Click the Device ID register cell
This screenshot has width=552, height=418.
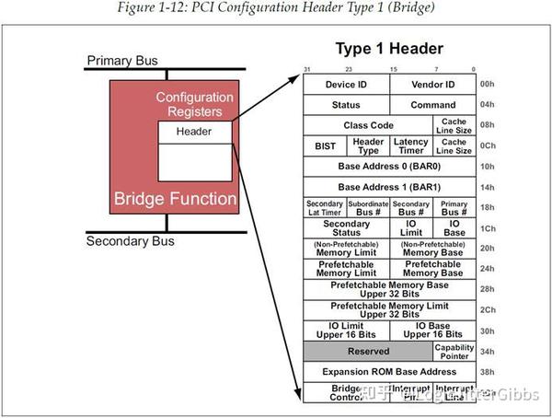pos(346,85)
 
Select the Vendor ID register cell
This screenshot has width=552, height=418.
pos(431,85)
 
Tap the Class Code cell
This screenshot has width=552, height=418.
pos(369,125)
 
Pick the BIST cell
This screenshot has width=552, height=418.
pos(325,145)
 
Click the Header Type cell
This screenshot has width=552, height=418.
pos(368,145)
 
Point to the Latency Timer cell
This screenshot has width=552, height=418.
pos(411,145)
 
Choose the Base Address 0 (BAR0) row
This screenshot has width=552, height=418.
pos(388,167)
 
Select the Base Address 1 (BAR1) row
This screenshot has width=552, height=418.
pos(388,187)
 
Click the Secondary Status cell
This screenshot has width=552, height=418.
pos(346,228)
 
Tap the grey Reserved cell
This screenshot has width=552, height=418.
pos(368,351)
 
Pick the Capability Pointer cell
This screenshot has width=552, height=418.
pos(454,351)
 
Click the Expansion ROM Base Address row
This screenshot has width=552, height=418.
pos(388,371)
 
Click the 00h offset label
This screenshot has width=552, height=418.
pos(487,85)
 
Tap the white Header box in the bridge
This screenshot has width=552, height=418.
pos(194,132)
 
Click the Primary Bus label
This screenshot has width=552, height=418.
pos(122,62)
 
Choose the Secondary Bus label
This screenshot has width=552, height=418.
pos(130,242)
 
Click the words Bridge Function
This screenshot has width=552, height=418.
pos(174,199)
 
